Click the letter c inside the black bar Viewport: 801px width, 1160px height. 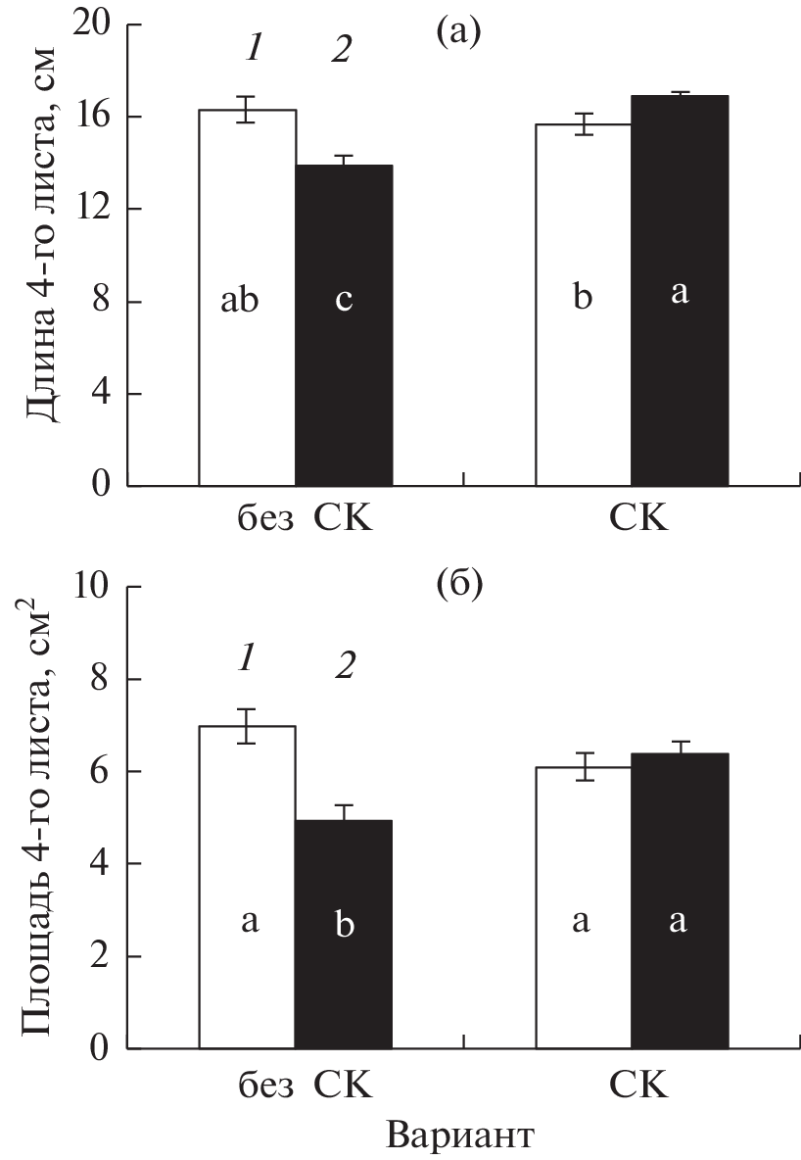point(344,300)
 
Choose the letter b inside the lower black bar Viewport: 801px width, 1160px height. point(344,923)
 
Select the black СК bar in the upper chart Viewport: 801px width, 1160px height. point(679,294)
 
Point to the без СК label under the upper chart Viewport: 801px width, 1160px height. point(295,517)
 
